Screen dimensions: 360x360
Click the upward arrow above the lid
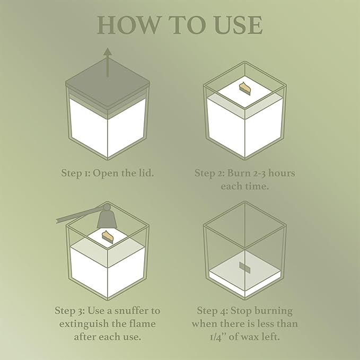[x=108, y=62]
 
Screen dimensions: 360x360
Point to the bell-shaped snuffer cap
[x=107, y=217]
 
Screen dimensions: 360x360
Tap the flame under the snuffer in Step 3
[x=108, y=236]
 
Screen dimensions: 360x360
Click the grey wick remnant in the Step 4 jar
[x=244, y=267]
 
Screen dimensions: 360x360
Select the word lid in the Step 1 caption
[x=146, y=173]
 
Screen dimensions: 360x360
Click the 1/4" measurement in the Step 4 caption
[x=218, y=337]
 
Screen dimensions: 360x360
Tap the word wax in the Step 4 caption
[x=250, y=337]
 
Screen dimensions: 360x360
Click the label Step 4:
[x=213, y=311]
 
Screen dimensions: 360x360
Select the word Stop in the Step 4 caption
[x=241, y=311]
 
